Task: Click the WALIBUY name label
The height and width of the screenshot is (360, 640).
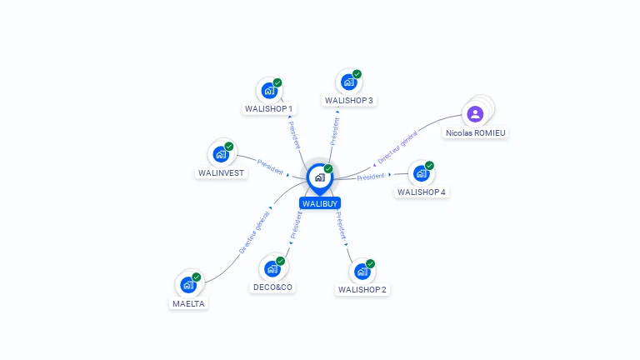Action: tap(320, 202)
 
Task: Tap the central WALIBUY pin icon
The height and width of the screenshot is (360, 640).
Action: tap(319, 177)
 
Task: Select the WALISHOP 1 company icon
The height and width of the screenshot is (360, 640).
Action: tap(269, 90)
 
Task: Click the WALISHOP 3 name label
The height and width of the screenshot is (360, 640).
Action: tap(349, 100)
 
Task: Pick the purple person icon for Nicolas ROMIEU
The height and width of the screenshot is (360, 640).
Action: tap(475, 114)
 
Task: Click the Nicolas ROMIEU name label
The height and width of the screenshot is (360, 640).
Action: tap(475, 132)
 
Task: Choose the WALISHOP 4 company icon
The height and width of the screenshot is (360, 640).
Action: tap(422, 173)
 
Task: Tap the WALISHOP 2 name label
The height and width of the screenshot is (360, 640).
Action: tap(362, 289)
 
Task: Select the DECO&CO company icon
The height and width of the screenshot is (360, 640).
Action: tap(272, 269)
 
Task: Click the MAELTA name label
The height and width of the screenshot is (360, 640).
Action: tap(188, 303)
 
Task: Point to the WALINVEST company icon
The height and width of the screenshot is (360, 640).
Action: tap(221, 154)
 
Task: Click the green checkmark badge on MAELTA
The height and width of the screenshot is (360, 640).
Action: tap(197, 277)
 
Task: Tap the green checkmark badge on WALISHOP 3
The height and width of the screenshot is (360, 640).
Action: tap(357, 74)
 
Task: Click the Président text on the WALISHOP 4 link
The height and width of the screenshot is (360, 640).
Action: tap(371, 177)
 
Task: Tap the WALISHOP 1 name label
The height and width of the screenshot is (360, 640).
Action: tap(268, 108)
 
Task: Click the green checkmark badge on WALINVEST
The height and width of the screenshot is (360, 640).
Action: tap(229, 147)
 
